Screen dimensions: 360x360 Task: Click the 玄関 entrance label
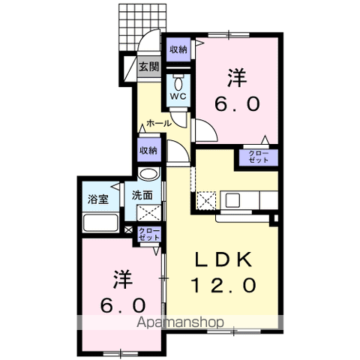148,67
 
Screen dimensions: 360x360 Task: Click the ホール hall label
159,122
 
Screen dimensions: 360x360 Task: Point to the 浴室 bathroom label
98,199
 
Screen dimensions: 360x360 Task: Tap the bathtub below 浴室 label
100,223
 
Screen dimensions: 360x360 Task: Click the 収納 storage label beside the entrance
178,49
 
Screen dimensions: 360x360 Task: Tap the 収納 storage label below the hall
148,150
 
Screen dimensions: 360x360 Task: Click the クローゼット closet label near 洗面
147,234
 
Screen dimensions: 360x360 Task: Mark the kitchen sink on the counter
232,201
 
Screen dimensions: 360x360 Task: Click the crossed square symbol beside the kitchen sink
206,201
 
